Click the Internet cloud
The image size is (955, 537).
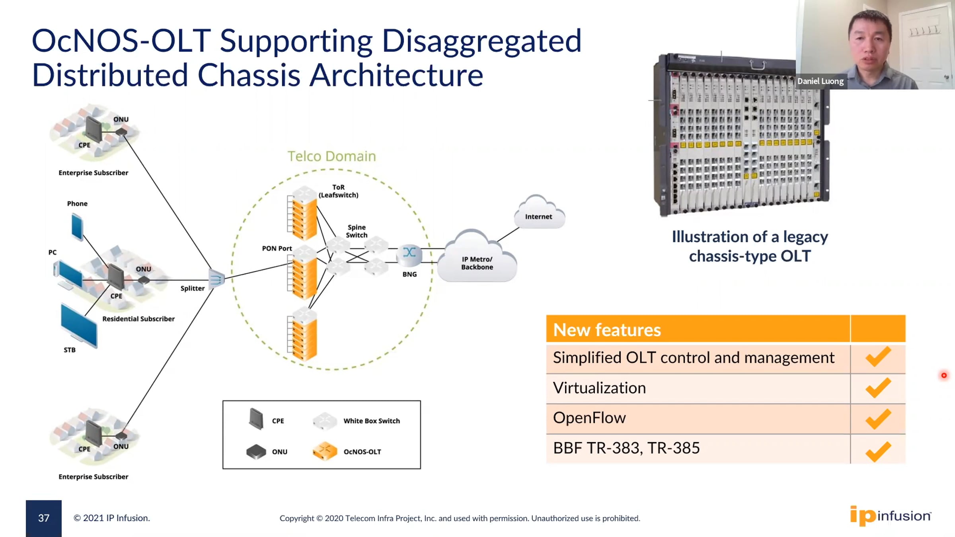point(538,213)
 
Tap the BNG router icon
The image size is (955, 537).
point(409,253)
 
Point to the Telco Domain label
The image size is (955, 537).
point(331,156)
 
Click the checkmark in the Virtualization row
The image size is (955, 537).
point(878,388)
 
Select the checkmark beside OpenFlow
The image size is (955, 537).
point(878,418)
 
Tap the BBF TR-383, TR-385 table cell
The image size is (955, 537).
point(626,448)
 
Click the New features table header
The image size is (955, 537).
point(607,330)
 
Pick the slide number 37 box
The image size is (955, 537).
point(44,518)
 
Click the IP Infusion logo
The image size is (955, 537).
point(890,516)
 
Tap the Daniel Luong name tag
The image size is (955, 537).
point(820,81)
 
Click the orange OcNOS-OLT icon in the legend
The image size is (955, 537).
point(325,451)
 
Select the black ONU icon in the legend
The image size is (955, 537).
point(256,451)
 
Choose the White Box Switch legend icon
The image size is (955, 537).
point(325,421)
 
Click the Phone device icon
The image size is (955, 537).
point(77,227)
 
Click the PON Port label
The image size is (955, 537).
point(277,249)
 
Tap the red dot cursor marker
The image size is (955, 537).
point(944,376)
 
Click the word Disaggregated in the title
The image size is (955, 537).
point(481,41)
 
